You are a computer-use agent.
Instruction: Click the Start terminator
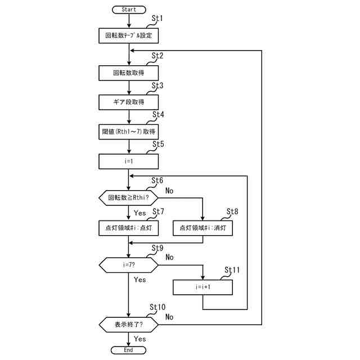click(129, 10)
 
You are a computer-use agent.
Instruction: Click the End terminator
click(128, 350)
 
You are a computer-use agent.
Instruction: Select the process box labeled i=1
click(129, 161)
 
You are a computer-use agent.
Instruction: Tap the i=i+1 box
click(202, 287)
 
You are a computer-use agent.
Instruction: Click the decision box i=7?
click(129, 265)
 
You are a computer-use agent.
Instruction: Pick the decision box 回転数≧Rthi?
click(129, 197)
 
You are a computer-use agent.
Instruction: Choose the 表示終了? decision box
click(129, 325)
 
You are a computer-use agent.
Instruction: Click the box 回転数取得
click(129, 73)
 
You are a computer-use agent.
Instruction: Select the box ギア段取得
click(129, 102)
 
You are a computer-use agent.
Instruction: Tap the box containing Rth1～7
click(129, 132)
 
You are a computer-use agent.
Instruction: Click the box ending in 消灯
click(202, 228)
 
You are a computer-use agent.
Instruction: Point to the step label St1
click(157, 18)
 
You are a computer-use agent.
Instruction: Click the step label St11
click(232, 270)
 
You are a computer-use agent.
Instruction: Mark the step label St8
click(232, 211)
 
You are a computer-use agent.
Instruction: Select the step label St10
click(157, 307)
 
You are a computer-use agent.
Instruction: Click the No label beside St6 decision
click(169, 191)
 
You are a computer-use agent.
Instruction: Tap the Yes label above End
click(140, 339)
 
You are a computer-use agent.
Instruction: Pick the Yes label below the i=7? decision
click(140, 280)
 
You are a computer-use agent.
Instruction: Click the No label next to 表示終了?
click(169, 317)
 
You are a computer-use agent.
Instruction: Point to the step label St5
click(158, 144)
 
